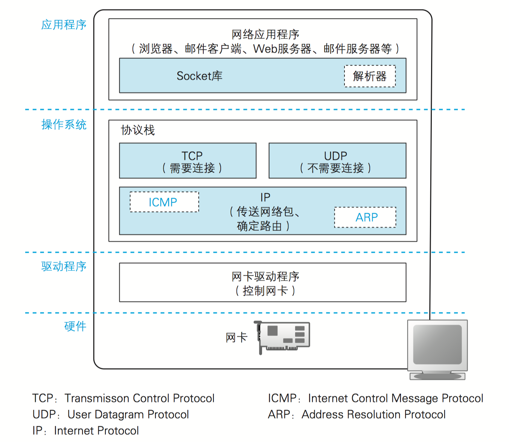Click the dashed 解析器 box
click(x=370, y=76)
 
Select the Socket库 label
click(x=200, y=76)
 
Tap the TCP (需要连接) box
click(x=188, y=161)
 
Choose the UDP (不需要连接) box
click(x=337, y=161)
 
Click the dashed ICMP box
click(x=164, y=202)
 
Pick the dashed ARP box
click(x=365, y=217)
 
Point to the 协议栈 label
click(x=138, y=130)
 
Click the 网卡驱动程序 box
click(x=262, y=283)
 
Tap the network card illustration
click(x=284, y=336)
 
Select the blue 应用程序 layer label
click(x=64, y=25)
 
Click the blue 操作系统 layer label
click(x=64, y=125)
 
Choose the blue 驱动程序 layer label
click(x=64, y=267)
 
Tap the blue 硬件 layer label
click(x=75, y=326)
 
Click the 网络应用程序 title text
click(x=265, y=35)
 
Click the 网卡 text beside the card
click(x=236, y=338)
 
